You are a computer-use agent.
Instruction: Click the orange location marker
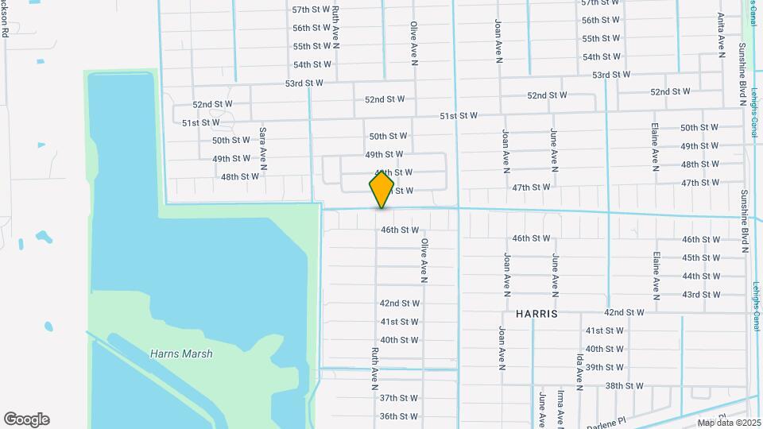[381, 190]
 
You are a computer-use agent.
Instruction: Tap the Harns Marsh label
[181, 354]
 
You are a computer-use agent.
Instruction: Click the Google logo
[26, 419]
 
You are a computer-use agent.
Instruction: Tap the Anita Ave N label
[721, 35]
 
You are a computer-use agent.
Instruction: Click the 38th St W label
[624, 386]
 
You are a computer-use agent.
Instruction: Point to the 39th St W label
[605, 367]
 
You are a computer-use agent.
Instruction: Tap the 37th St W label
[398, 398]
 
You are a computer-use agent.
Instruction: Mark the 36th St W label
[398, 416]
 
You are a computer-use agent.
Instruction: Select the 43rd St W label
[700, 295]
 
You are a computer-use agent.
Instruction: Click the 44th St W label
[700, 276]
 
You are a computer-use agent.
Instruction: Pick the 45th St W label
[700, 258]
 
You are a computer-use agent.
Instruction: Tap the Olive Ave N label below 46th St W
[424, 261]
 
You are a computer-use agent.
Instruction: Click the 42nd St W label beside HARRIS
[624, 313]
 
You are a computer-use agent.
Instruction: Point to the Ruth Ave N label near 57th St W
[336, 25]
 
